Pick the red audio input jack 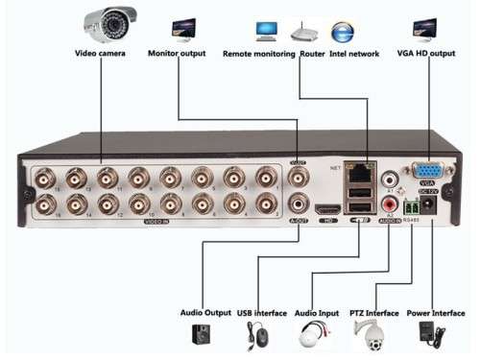391,204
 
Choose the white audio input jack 391,180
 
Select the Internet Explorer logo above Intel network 341,30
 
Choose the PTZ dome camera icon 367,334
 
